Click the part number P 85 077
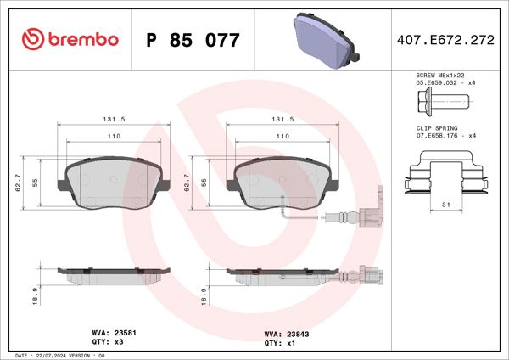(x=193, y=40)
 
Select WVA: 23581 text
(x=111, y=334)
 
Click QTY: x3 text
(x=103, y=344)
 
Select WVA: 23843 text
(x=284, y=334)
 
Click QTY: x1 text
(x=277, y=344)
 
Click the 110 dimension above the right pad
(x=282, y=136)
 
